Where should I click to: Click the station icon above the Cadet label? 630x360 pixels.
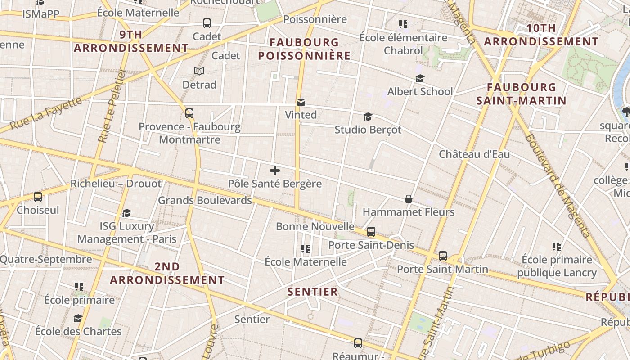point(207,23)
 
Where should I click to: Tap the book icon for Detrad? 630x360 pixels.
point(199,71)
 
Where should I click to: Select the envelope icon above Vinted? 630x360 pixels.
point(301,102)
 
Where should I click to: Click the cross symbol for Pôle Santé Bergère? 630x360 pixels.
point(274,171)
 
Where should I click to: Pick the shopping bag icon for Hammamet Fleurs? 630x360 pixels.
point(409,199)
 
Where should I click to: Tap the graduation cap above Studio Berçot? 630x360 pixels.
point(368,117)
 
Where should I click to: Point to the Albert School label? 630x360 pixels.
point(420,91)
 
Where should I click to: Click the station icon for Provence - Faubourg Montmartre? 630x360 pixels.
point(189,113)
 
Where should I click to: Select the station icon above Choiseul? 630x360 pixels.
point(38,197)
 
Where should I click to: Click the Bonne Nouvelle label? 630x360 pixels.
point(315,226)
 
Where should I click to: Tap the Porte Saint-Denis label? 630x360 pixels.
point(371,245)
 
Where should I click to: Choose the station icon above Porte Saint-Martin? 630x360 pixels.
point(443,256)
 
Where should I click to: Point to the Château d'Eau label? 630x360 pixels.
point(474,154)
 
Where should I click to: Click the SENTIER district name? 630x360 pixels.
point(312,292)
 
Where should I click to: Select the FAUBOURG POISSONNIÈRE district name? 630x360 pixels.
point(304,49)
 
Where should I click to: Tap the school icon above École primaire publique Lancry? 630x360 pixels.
point(557,247)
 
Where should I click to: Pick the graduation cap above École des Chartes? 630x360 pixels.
point(78,319)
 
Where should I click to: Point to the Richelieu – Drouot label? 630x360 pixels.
point(116,184)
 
